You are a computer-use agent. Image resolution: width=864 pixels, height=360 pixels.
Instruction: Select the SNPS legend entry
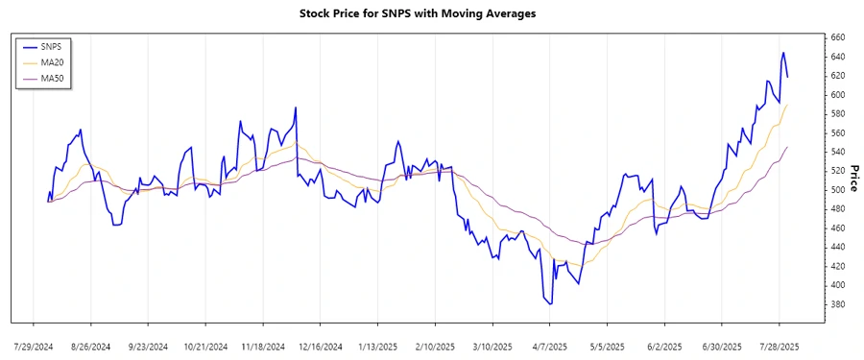click(54, 46)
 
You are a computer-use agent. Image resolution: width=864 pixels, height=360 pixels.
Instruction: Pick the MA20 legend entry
click(54, 62)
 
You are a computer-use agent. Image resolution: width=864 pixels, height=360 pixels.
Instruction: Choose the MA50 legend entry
click(54, 78)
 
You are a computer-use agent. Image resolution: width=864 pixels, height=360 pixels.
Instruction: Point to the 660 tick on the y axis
click(837, 37)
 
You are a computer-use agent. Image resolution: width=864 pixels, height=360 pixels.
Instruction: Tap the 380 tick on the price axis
click(837, 305)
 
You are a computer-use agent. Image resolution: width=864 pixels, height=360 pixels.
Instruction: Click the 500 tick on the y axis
click(837, 190)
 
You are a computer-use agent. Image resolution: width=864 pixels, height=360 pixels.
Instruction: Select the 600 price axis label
click(837, 95)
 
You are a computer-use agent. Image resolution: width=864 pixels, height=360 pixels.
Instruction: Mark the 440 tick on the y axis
click(837, 248)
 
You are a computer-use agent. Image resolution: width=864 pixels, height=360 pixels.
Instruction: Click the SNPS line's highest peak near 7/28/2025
click(782, 53)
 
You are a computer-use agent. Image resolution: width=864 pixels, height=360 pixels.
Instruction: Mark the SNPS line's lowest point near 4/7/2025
click(551, 304)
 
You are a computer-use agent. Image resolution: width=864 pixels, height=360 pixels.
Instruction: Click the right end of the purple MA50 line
click(787, 147)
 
